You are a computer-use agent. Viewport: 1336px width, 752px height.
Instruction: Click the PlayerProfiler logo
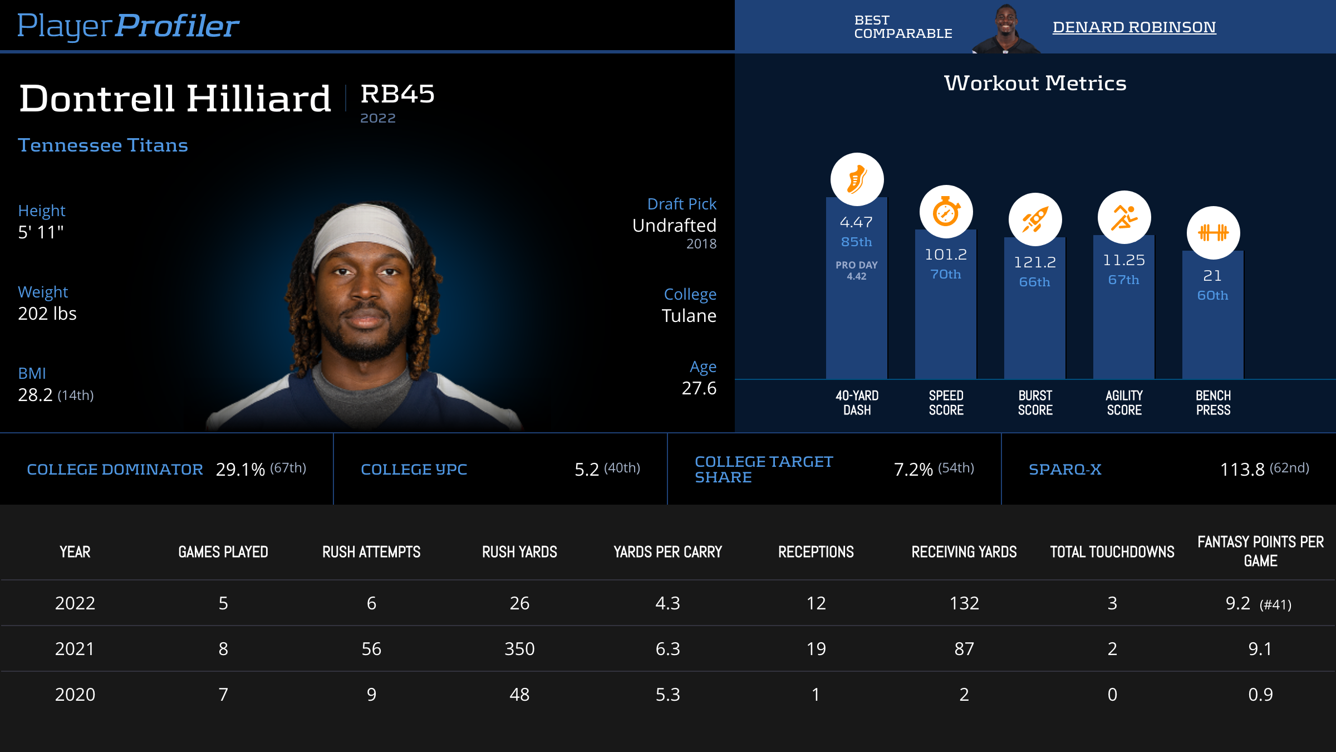pos(128,26)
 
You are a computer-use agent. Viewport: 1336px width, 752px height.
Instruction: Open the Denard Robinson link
pos(1134,27)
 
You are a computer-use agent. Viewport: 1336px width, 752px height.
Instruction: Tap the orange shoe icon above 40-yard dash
pos(857,179)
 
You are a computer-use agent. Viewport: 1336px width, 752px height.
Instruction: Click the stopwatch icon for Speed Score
pos(946,212)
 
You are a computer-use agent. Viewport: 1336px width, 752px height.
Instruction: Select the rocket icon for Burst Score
pos(1035,219)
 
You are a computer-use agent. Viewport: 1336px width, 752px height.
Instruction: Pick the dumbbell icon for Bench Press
pos(1213,233)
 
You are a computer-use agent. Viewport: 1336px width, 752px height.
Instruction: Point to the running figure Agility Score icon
pos(1124,217)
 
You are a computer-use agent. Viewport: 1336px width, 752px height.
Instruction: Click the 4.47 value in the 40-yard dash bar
pos(856,222)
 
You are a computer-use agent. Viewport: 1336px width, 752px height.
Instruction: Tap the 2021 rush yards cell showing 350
pos(519,649)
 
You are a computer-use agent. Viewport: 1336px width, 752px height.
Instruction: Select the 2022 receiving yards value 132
pos(964,603)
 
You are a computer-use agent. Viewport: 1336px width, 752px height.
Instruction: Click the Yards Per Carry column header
pos(667,552)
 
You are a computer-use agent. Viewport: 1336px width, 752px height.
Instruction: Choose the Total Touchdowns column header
pos(1112,552)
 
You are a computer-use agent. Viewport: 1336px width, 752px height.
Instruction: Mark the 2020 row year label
pos(75,695)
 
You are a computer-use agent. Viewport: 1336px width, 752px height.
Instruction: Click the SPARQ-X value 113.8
pos(1242,470)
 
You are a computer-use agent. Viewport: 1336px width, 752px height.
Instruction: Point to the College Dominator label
pos(115,470)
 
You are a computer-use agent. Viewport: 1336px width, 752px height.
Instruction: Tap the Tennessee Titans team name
pos(103,145)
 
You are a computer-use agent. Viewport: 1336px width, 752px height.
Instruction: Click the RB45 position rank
pos(397,94)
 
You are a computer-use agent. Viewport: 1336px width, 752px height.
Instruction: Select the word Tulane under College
pos(689,316)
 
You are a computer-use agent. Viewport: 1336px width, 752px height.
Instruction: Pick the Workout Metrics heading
pos(1035,84)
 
